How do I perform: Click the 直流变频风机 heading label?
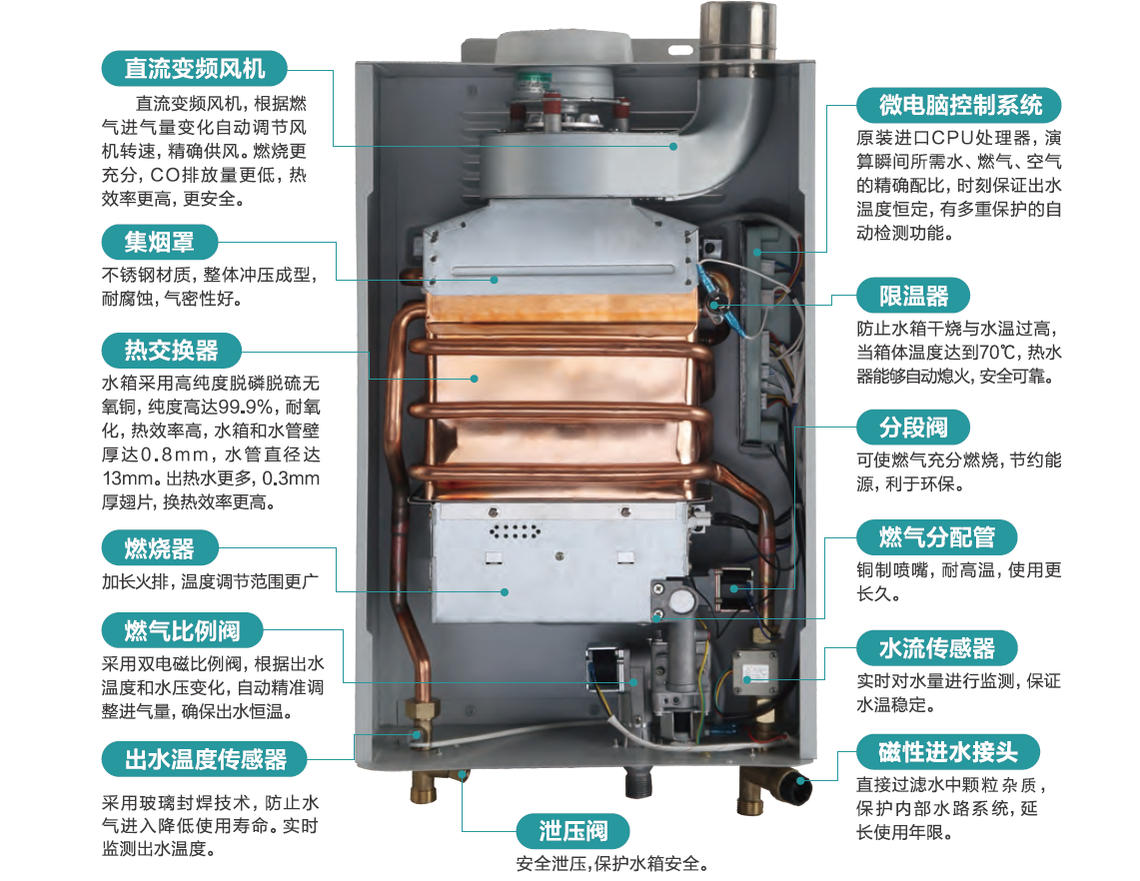click(x=194, y=69)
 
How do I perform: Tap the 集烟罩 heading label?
click(x=159, y=242)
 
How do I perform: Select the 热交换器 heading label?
click(x=171, y=351)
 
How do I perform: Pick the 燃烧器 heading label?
click(x=159, y=548)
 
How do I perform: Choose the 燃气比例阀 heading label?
click(x=182, y=630)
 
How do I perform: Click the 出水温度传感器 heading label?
click(x=205, y=759)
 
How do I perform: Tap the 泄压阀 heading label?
click(x=572, y=831)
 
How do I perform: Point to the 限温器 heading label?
click(x=913, y=296)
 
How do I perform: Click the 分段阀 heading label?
click(x=913, y=428)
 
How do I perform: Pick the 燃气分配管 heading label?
click(x=936, y=537)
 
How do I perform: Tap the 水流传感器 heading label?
click(x=936, y=647)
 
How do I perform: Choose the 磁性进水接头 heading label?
click(x=948, y=751)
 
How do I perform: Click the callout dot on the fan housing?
click(x=674, y=146)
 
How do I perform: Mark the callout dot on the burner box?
click(x=505, y=592)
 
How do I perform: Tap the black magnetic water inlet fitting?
click(x=796, y=788)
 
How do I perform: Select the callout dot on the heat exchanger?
click(x=474, y=379)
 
